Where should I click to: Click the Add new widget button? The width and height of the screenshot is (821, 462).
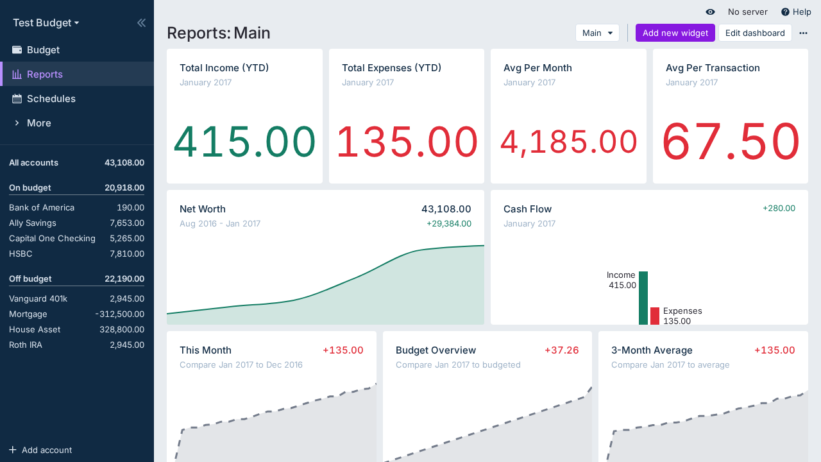tap(675, 33)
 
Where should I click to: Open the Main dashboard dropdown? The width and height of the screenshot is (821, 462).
tap(597, 33)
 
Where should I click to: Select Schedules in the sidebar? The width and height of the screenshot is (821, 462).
tap(51, 99)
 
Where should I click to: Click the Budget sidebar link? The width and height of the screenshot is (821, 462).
tap(43, 50)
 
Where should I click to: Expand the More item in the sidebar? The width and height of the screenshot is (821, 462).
tap(38, 123)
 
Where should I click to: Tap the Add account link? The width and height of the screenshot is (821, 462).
tap(46, 450)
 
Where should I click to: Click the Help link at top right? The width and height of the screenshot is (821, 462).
tap(796, 12)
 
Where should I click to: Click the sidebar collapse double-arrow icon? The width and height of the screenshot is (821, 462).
tap(141, 23)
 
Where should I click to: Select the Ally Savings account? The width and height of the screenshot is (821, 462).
tap(33, 223)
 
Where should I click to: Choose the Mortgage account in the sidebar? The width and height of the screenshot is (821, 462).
tap(28, 314)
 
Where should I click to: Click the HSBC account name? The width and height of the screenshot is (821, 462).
tap(21, 254)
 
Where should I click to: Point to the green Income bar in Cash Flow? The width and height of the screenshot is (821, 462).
tap(643, 298)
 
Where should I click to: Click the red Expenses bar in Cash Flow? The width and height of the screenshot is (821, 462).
tap(655, 316)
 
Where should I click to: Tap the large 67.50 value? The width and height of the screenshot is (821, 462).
tap(731, 142)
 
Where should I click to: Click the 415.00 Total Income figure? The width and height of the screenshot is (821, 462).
tap(244, 142)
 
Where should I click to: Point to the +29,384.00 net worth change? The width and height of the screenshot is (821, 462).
tap(448, 224)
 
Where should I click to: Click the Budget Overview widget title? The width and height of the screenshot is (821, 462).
tap(436, 350)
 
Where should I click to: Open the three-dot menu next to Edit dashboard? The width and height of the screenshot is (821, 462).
tap(803, 33)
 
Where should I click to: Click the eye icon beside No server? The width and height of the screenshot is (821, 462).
tap(710, 12)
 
